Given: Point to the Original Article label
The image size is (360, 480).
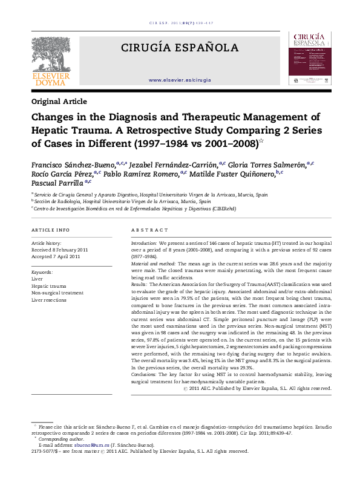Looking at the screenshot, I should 59,102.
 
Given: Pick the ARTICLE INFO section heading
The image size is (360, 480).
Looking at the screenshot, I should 50,230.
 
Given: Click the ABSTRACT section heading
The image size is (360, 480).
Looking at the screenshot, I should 149,230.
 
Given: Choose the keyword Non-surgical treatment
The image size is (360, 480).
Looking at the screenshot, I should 57,293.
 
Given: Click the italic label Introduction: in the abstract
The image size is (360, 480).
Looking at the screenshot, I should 144,242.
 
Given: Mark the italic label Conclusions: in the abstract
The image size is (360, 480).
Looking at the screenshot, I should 145,375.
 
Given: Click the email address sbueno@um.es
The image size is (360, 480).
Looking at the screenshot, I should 80,445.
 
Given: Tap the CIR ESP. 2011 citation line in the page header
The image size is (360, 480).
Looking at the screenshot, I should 180,23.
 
